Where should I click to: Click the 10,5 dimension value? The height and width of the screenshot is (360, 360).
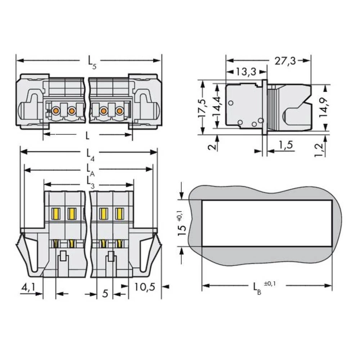[144, 287]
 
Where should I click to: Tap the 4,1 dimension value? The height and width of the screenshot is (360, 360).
[28, 288]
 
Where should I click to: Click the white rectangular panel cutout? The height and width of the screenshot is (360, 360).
[266, 223]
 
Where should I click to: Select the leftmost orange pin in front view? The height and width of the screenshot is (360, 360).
[55, 111]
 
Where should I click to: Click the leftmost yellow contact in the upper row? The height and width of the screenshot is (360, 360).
[56, 213]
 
